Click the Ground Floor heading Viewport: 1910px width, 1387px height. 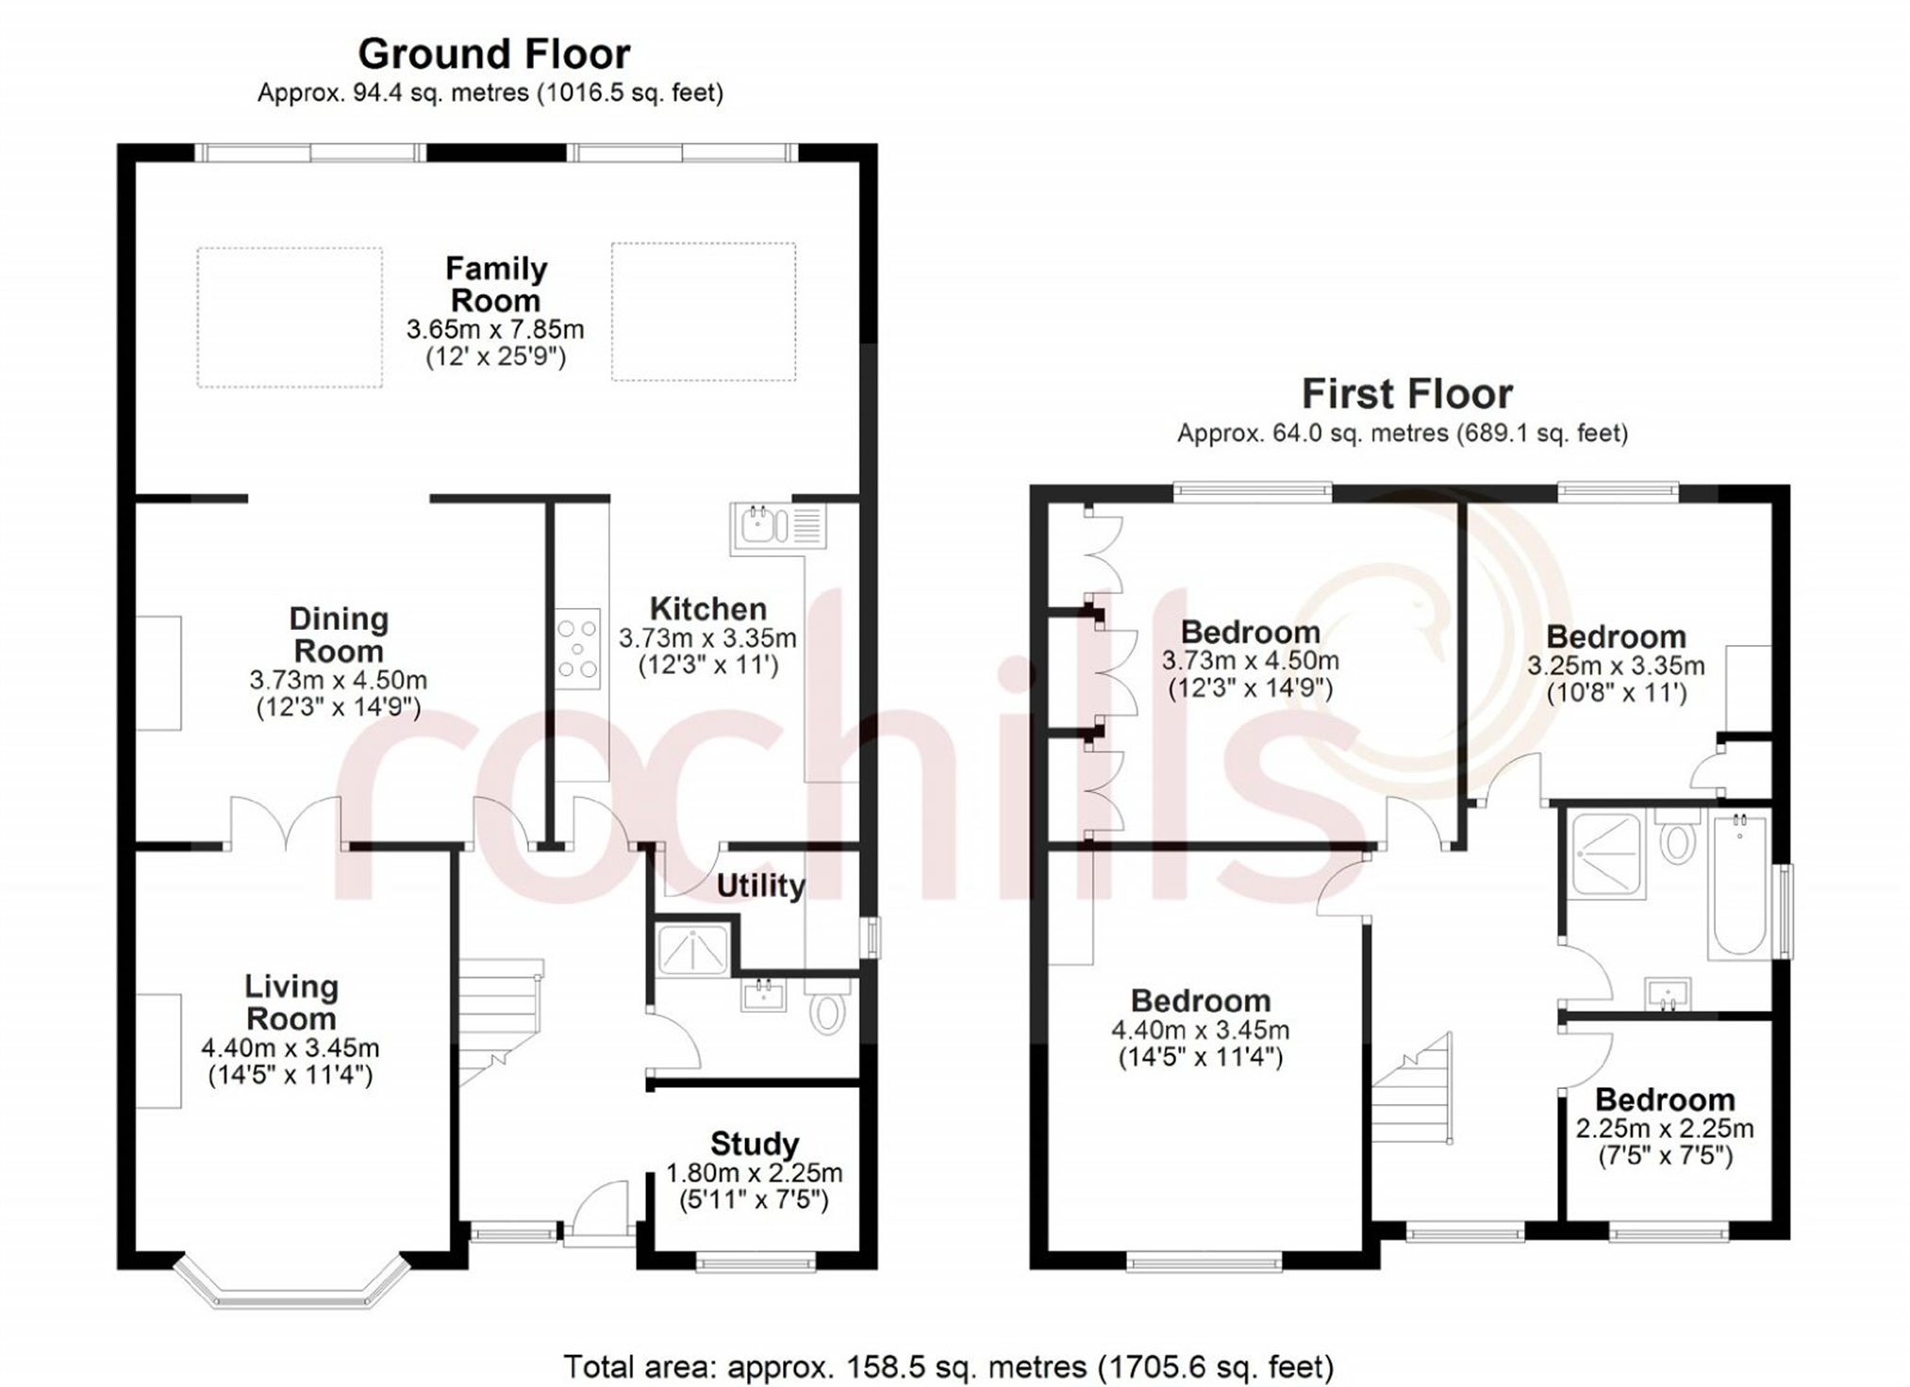[494, 54]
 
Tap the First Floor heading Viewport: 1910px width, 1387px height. [1407, 393]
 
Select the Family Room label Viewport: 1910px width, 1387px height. [496, 285]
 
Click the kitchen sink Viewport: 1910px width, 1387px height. [779, 526]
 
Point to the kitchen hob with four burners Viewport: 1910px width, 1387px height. [577, 648]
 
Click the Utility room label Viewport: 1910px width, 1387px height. [760, 885]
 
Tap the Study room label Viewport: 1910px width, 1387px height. [755, 1144]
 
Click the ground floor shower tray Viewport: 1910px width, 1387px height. [693, 949]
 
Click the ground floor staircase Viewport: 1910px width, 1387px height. [500, 1024]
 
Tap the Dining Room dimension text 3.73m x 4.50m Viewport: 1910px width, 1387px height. [339, 680]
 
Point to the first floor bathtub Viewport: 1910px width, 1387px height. [1740, 885]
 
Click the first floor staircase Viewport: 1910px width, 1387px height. [1411, 1088]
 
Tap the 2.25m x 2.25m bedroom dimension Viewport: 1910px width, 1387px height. [1665, 1129]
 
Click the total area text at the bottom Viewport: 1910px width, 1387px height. [948, 1366]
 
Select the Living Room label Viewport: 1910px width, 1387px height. [291, 1002]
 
